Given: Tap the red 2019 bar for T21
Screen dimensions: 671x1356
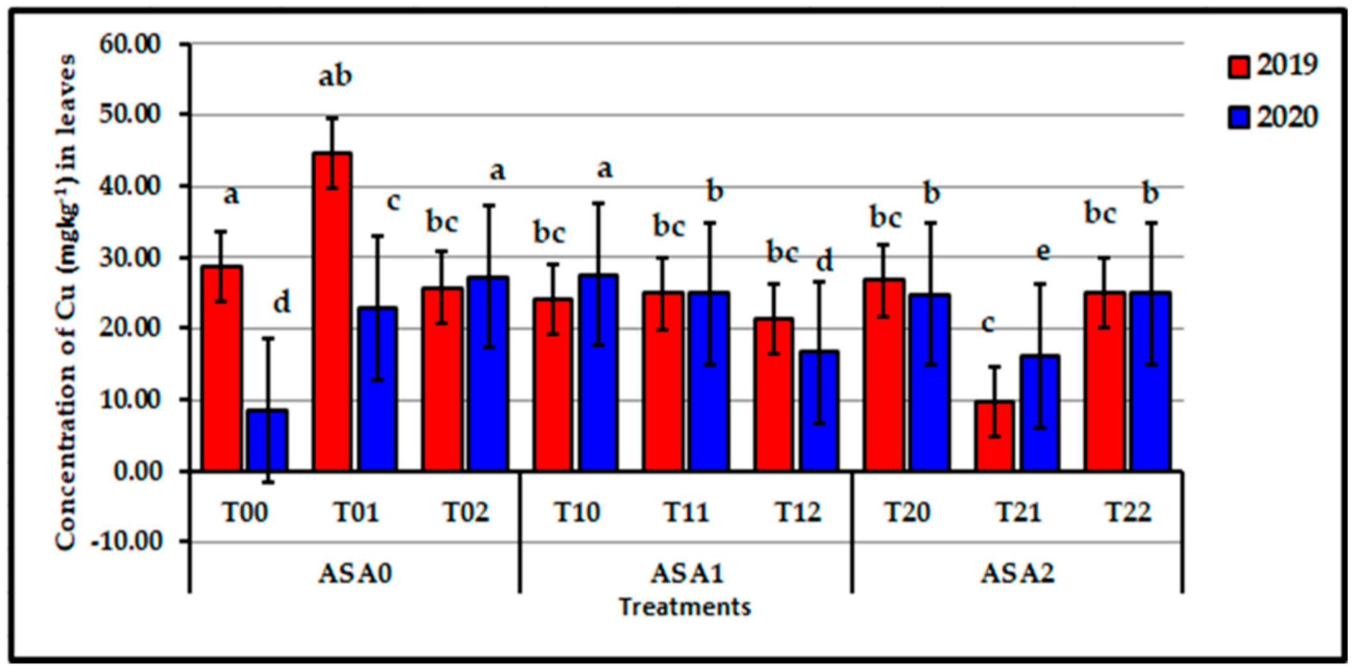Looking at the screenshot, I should point(994,436).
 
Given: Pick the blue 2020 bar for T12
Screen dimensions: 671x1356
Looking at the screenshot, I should point(819,411).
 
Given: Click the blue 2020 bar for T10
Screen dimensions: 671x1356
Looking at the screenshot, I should point(598,372).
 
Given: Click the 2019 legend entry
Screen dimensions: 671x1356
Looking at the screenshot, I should point(1273,65).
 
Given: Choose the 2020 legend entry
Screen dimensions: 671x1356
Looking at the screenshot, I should point(1273,118).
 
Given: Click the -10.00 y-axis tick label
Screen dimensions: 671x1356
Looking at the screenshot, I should point(126,541).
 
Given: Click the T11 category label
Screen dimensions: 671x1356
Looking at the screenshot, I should point(686,512).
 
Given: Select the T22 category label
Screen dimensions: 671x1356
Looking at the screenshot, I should point(1128,512).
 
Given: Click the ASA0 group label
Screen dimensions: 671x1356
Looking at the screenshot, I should point(355,573).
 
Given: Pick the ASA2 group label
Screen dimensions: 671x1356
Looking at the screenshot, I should point(1017,573).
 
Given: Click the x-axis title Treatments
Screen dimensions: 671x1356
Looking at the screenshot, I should point(684,607).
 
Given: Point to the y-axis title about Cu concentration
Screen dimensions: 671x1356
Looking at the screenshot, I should point(65,302).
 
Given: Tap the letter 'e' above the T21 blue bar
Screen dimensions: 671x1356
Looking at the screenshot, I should point(1043,252).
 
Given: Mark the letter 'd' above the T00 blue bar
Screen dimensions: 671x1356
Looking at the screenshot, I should point(282,302).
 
